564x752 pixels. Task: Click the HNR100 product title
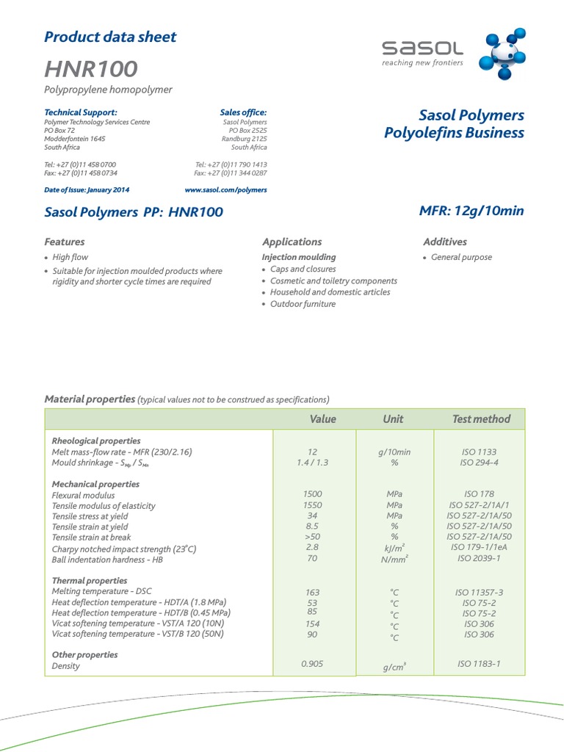click(91, 69)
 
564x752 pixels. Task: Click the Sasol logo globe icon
click(501, 54)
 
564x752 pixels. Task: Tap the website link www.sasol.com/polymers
click(225, 189)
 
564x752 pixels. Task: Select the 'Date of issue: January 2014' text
click(87, 189)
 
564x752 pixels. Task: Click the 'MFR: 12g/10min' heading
click(471, 211)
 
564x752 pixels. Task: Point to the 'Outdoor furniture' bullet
click(303, 304)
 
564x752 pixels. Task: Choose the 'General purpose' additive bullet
click(461, 257)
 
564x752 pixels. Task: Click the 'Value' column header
click(322, 419)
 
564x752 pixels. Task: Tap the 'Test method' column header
click(481, 419)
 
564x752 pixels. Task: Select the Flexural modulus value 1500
click(312, 494)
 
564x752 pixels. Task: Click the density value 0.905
click(312, 663)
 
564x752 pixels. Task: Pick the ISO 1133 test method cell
click(479, 452)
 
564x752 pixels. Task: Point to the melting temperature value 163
click(312, 592)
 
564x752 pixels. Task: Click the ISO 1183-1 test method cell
click(479, 663)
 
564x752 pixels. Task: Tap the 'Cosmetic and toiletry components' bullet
click(333, 281)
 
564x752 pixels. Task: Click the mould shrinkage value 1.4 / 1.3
click(312, 463)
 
